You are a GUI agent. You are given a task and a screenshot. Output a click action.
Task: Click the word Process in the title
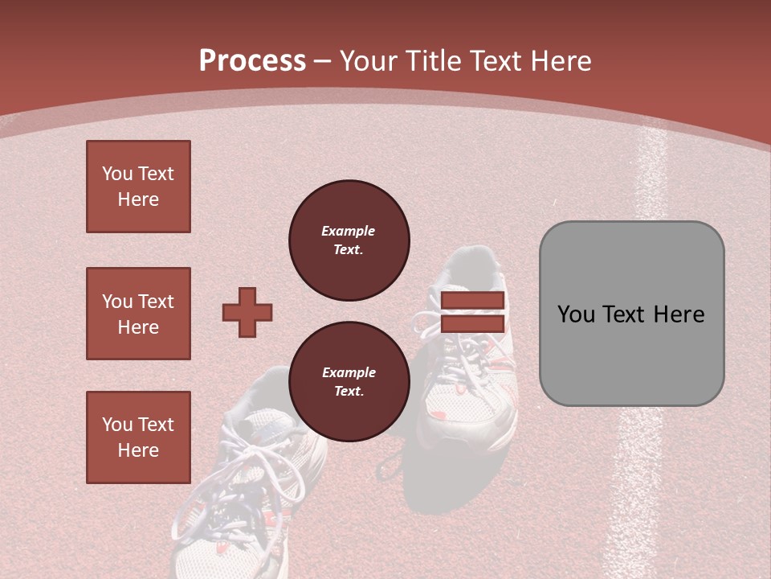coord(252,61)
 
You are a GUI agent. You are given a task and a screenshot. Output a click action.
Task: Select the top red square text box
coord(138,187)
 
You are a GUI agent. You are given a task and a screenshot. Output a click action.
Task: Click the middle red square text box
coord(138,314)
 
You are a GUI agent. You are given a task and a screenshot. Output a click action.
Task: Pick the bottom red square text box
coord(138,437)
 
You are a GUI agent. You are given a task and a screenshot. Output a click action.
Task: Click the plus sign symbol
coord(247,312)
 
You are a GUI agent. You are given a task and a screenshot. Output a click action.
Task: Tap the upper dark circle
coord(349,240)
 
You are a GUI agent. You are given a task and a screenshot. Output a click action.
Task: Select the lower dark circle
coord(349,382)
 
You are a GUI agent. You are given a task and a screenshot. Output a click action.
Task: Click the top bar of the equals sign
coord(472,301)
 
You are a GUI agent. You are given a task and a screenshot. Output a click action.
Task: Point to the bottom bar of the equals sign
coord(472,323)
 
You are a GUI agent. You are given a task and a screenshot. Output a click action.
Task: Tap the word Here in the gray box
coord(679,314)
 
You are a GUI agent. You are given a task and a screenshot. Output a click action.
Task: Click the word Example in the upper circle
coord(349,231)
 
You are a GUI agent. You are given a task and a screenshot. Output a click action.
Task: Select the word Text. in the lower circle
coord(349,392)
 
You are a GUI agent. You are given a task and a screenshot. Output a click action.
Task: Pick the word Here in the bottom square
coord(138,450)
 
